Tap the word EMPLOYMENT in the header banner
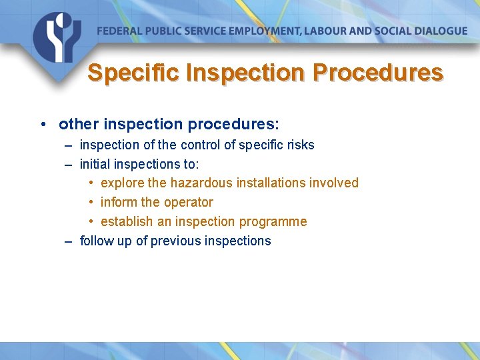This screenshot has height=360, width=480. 259,31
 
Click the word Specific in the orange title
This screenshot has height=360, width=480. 134,72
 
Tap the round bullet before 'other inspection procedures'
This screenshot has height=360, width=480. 42,125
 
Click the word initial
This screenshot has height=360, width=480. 93,164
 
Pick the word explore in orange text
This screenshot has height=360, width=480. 123,183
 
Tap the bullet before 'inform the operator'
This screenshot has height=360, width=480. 91,203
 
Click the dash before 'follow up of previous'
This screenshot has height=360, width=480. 69,241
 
